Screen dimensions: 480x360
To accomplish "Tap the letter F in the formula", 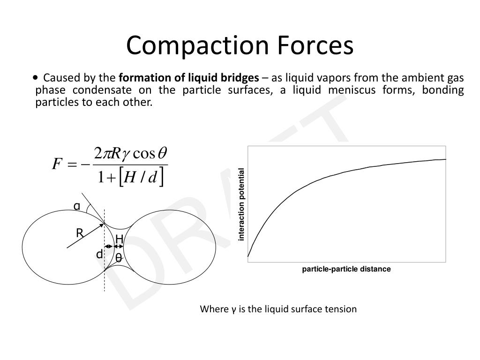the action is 57,165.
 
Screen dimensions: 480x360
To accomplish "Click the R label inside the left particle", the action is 80,233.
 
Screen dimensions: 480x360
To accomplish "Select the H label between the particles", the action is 119,240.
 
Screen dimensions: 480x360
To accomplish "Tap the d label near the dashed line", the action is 99,255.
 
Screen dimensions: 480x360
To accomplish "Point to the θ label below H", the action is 119,258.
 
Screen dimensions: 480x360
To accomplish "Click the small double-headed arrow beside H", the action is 109,247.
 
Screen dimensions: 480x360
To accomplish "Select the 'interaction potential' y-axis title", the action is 242,204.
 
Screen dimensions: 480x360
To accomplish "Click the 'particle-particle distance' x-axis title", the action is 346,269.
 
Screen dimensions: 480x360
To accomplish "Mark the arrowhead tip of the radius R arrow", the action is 104,224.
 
